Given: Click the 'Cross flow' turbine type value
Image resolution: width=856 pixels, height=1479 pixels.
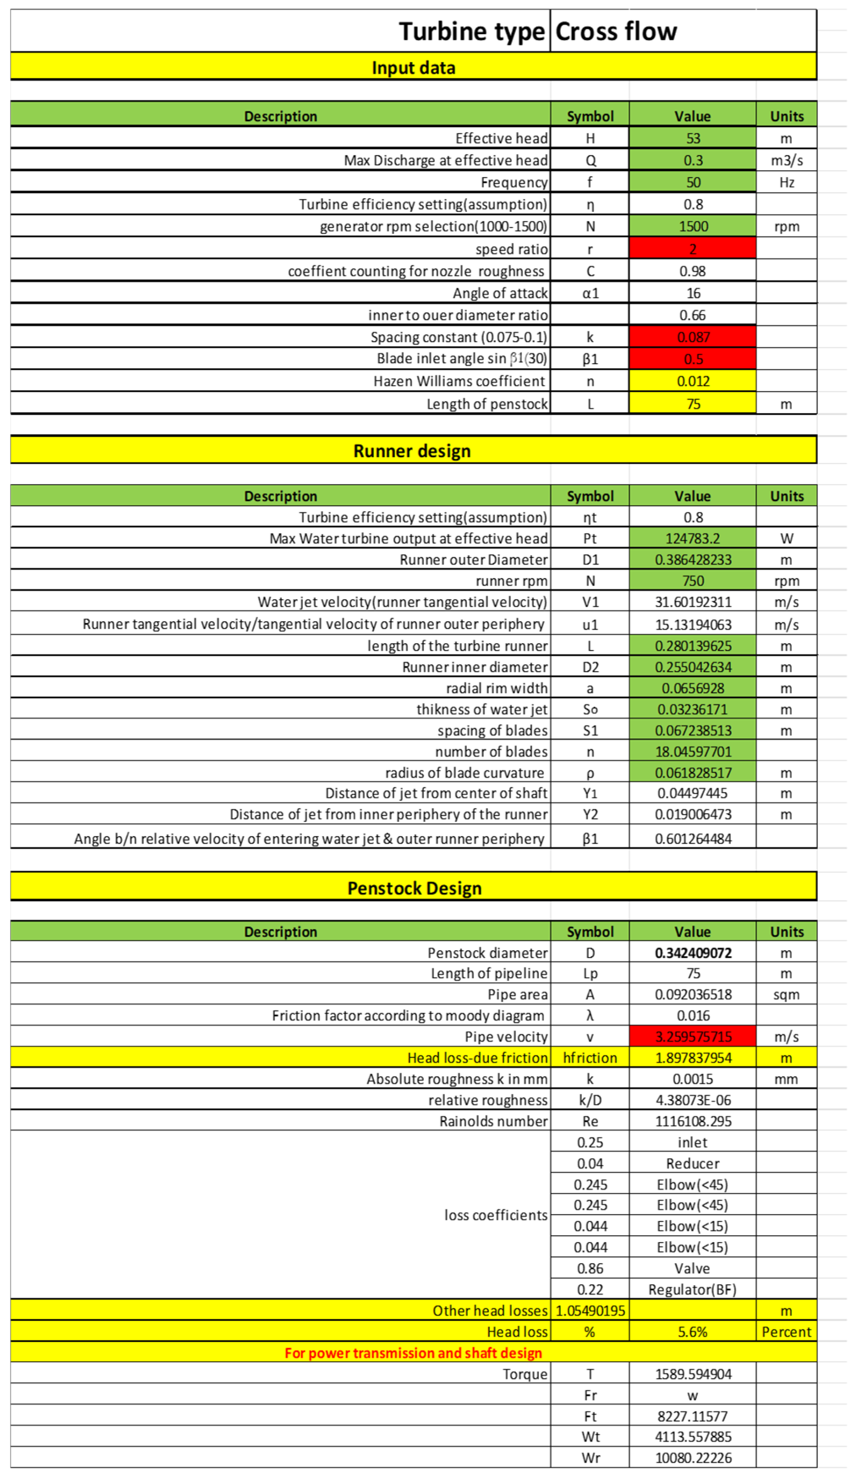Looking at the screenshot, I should click(616, 31).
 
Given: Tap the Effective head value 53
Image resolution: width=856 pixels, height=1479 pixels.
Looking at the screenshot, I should click(692, 138).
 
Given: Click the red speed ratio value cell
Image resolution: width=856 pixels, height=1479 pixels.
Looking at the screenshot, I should click(692, 249).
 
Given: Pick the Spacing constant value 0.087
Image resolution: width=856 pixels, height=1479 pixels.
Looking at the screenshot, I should click(692, 337).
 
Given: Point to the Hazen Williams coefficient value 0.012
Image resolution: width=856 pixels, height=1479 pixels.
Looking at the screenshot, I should click(692, 382).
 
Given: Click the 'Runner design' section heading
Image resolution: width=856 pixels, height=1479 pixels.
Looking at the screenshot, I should click(412, 451).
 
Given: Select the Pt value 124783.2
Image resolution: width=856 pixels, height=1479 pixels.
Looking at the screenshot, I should click(692, 538).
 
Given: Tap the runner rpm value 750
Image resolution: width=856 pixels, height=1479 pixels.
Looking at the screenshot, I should click(692, 580).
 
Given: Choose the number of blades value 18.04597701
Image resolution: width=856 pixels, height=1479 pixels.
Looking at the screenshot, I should click(692, 751).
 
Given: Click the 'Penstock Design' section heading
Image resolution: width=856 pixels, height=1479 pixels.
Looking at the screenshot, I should click(414, 888).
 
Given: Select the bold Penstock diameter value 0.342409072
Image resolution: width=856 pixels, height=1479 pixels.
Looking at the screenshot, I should click(692, 953).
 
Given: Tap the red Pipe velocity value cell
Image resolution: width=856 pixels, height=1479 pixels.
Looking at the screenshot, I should click(692, 1037).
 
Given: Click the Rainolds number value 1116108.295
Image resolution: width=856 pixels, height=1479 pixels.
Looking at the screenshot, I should click(692, 1121).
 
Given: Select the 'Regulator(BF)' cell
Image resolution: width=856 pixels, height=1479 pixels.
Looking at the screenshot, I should click(692, 1289).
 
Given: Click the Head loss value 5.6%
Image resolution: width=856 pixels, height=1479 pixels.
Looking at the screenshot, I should click(692, 1332).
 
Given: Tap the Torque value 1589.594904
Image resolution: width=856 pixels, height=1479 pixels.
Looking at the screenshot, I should click(692, 1374).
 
